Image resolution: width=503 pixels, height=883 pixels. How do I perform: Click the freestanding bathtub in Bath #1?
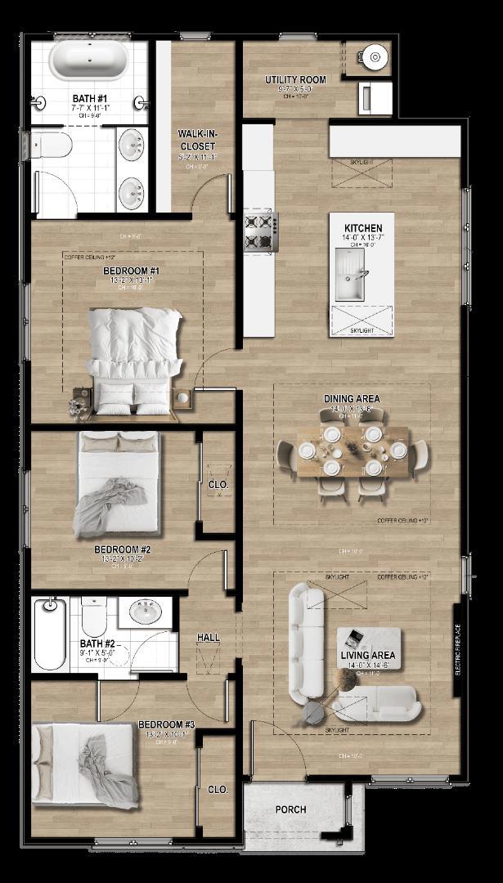[88, 61]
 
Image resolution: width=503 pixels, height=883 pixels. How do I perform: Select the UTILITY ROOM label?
[295, 80]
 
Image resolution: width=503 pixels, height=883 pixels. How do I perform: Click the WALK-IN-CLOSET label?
[198, 140]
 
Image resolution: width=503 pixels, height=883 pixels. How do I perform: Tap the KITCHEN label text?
[363, 228]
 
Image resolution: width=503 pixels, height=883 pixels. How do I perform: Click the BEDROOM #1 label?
[131, 271]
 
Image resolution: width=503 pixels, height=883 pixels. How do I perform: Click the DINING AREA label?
[352, 399]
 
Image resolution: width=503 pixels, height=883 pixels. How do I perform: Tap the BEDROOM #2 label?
[122, 549]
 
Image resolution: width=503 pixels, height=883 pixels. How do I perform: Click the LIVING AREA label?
[368, 655]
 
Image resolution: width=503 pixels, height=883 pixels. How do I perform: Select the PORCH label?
[290, 809]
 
